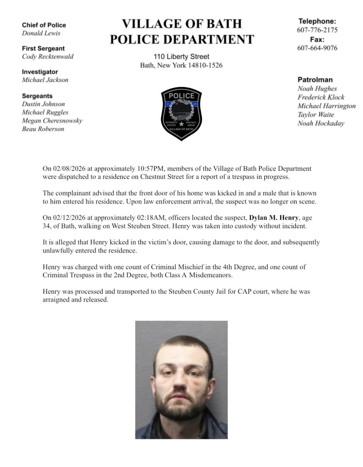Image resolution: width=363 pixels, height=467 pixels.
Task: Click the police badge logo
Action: click(x=182, y=114)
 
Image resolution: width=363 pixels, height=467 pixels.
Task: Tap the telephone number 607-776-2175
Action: click(x=317, y=30)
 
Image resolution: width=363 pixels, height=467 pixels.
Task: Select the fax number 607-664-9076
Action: click(x=317, y=48)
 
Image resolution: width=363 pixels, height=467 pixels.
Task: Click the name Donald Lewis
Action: click(x=41, y=33)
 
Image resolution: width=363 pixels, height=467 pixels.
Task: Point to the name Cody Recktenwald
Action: click(x=48, y=56)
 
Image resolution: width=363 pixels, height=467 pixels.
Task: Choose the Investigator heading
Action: click(x=40, y=72)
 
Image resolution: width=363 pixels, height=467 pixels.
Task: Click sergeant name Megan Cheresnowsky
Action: click(x=52, y=120)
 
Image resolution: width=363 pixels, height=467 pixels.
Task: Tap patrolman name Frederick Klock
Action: click(x=321, y=97)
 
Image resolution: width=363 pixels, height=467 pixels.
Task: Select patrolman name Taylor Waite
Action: click(x=316, y=114)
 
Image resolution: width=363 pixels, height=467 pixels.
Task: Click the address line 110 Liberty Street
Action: click(x=182, y=56)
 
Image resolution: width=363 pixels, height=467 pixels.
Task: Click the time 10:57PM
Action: click(x=150, y=168)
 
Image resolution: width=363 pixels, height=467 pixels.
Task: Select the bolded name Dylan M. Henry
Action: click(x=274, y=218)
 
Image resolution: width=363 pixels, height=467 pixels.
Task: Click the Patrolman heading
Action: click(x=315, y=80)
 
